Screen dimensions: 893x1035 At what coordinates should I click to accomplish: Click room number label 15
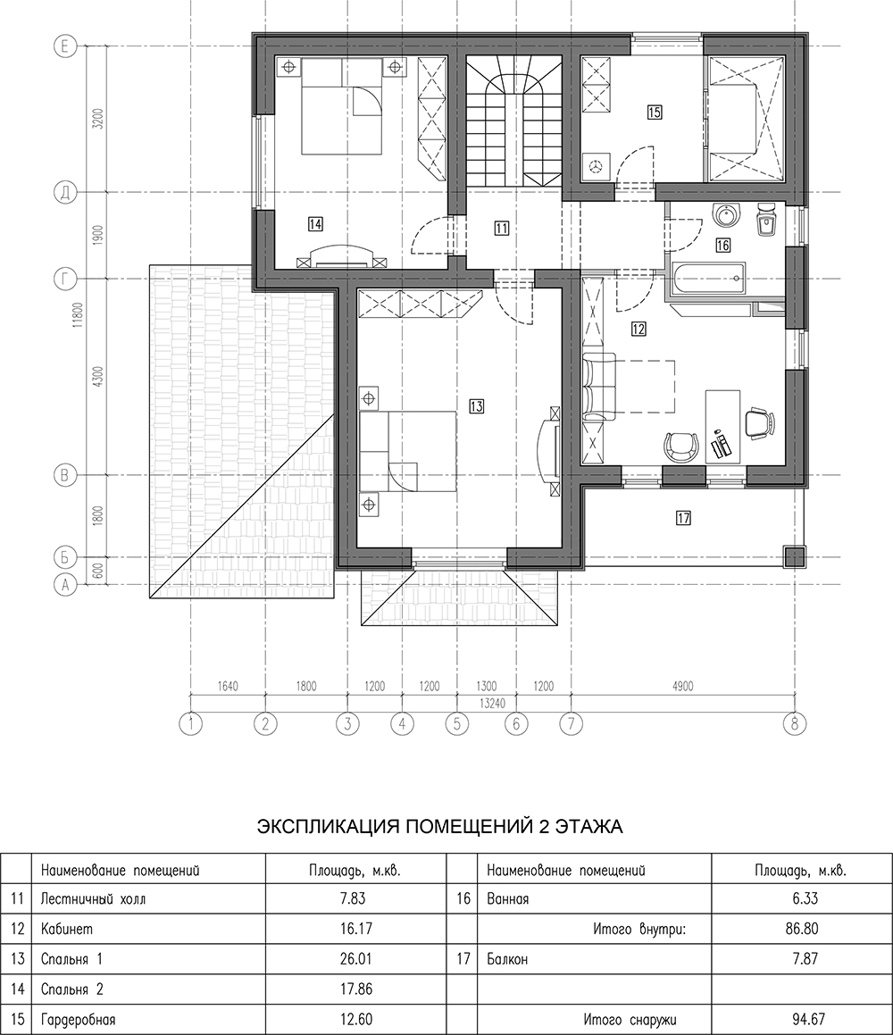coord(654,113)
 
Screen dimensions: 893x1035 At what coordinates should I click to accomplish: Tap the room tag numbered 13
coord(476,406)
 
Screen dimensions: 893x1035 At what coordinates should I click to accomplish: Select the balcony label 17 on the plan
coord(683,518)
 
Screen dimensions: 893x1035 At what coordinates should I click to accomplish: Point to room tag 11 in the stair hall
coord(502,229)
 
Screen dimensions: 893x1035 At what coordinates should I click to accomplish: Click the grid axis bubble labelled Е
coord(64,46)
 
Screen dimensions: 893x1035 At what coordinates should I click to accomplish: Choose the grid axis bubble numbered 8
coord(795,723)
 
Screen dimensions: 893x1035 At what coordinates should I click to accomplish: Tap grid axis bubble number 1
coord(191,723)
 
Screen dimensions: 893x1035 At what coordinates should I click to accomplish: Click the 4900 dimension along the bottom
coord(682,687)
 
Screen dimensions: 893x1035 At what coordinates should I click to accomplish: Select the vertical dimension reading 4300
coord(98,376)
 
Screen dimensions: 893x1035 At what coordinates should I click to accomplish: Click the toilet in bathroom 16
coord(765,219)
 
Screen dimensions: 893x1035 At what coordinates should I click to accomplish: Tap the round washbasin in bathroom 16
coord(728,214)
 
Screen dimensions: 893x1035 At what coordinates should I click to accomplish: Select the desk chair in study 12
coord(758,422)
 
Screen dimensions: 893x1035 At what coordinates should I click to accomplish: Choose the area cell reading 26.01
coord(355,957)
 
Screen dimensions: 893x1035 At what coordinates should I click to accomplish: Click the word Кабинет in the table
coord(67,929)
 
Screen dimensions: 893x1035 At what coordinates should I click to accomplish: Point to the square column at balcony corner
coord(795,557)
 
